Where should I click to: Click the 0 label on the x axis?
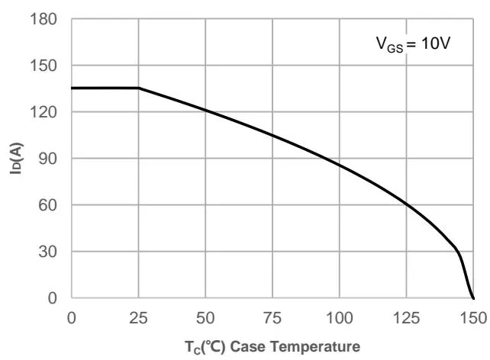pos(71,316)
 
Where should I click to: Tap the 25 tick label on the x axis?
pos(138,316)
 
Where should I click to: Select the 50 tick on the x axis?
pos(205,316)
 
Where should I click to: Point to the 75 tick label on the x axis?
pos(272,316)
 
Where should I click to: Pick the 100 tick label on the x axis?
pos(340,316)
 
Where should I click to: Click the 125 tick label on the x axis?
pos(407,316)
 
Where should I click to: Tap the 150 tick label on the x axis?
pos(473,316)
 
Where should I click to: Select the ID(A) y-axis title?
pos(15,159)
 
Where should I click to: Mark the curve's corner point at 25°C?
pos(139,88)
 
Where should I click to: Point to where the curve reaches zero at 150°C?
pos(473,297)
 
